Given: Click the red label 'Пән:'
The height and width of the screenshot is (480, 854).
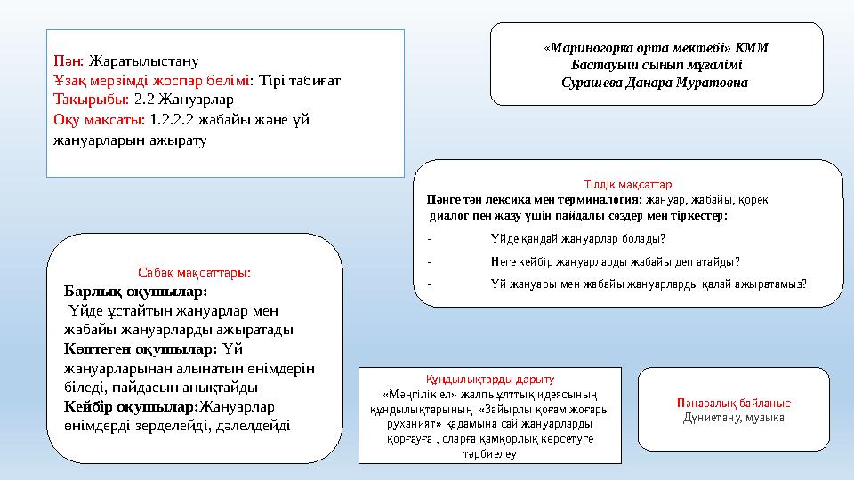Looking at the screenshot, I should (x=68, y=61).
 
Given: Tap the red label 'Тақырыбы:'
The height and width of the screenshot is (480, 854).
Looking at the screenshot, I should (x=91, y=100).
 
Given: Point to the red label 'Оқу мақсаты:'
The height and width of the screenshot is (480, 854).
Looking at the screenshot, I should (x=100, y=119).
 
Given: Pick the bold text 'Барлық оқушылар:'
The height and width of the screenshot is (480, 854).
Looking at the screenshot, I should (x=135, y=292).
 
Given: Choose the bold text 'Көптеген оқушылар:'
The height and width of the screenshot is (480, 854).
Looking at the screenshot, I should (x=141, y=348).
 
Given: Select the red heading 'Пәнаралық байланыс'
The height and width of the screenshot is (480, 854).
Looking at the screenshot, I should (x=733, y=403).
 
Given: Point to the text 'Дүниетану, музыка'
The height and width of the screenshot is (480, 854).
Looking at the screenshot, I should (x=733, y=417).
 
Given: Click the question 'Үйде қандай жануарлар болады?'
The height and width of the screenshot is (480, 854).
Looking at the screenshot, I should (x=576, y=238).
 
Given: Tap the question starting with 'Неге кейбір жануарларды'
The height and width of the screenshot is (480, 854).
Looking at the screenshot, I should (x=615, y=261).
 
